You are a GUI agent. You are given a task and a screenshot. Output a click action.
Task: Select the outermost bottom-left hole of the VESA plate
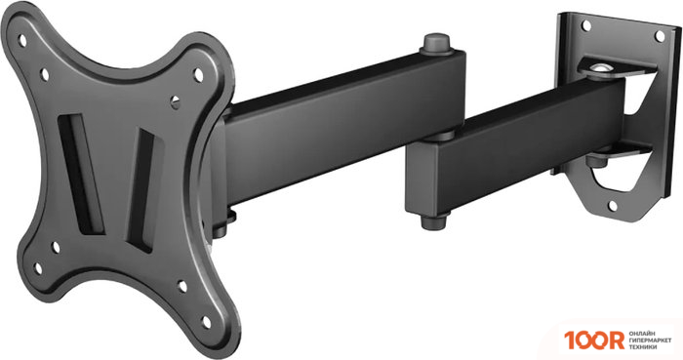[x=38, y=264]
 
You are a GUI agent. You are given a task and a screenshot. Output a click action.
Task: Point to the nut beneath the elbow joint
[x=430, y=220]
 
